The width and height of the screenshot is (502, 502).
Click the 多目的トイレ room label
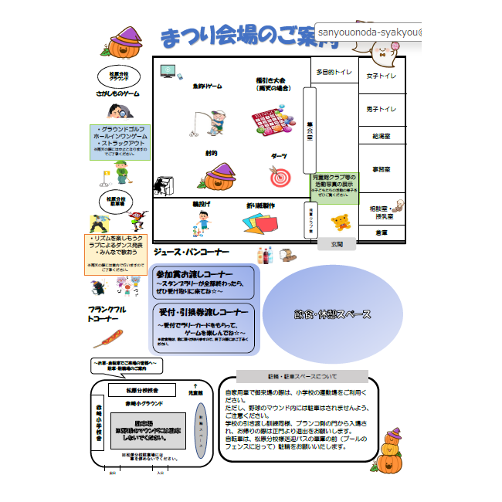tap(334, 72)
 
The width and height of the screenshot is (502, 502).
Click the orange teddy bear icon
tap(341, 223)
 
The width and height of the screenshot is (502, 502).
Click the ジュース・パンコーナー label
tap(192, 253)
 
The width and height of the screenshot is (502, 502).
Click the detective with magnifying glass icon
tap(119, 171)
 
